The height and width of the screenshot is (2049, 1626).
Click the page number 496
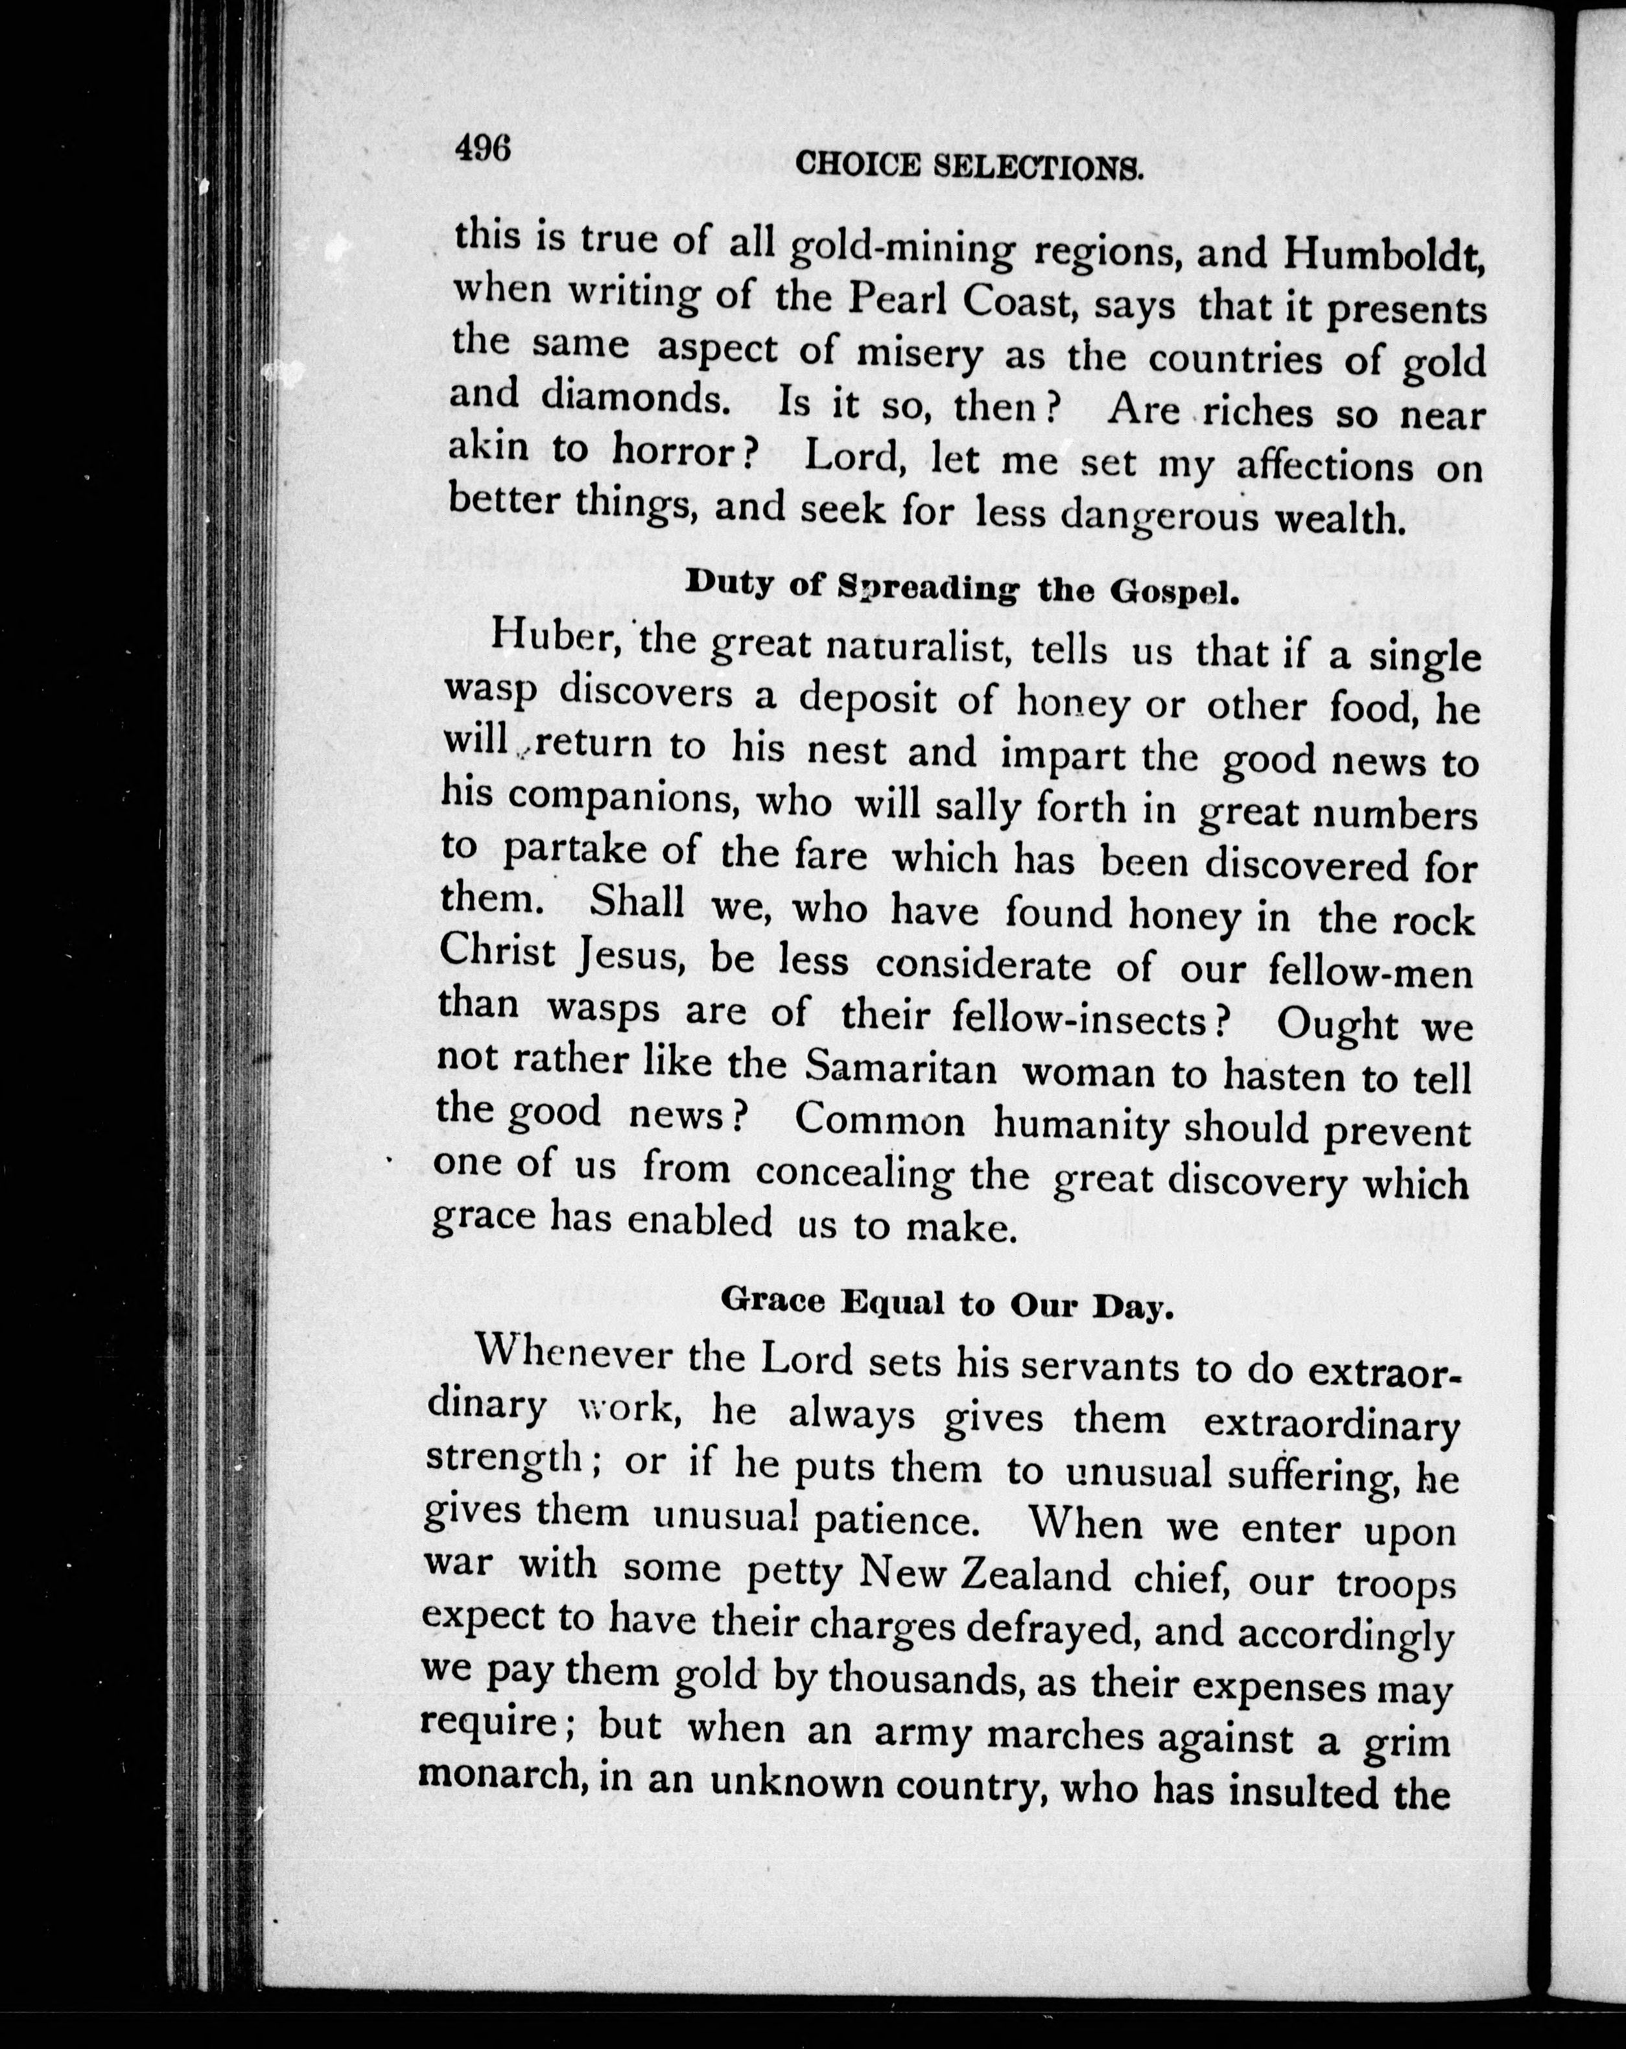(x=484, y=149)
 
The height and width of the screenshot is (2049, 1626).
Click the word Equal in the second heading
(x=894, y=1302)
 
